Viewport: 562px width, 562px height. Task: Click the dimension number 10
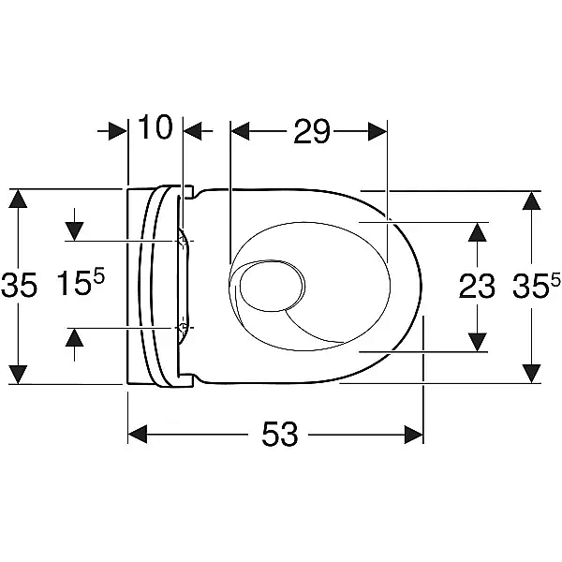click(x=155, y=127)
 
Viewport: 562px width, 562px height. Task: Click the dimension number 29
click(x=311, y=132)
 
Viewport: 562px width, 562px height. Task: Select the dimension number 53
click(x=280, y=435)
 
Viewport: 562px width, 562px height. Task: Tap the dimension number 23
click(x=477, y=286)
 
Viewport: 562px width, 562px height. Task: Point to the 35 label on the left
click(x=19, y=285)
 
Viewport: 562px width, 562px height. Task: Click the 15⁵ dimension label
click(x=81, y=282)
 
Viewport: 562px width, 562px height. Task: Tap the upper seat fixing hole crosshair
click(x=184, y=242)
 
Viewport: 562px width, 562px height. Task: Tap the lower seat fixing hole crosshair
click(x=184, y=327)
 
